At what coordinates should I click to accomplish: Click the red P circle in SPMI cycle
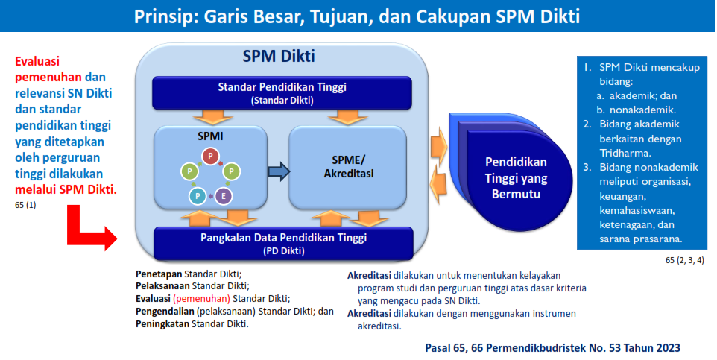click(210, 156)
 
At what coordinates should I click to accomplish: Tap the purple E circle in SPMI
click(223, 196)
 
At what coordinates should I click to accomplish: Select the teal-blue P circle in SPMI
click(198, 196)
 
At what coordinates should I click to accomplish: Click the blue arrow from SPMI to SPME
click(279, 171)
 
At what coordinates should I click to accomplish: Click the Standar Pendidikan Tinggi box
click(282, 93)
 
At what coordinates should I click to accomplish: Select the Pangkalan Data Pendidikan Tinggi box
click(283, 244)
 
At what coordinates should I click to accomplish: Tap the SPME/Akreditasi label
click(349, 166)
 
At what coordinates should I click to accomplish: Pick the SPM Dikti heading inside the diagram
click(279, 56)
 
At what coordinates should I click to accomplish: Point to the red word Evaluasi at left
click(37, 61)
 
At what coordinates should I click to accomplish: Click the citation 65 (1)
click(25, 206)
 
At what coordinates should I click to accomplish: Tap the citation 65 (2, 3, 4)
click(684, 261)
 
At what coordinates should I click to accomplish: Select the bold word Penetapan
click(159, 274)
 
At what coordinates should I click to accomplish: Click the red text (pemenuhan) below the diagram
click(201, 299)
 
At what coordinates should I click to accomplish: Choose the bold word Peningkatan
click(162, 325)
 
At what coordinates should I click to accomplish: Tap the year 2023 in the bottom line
click(667, 348)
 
